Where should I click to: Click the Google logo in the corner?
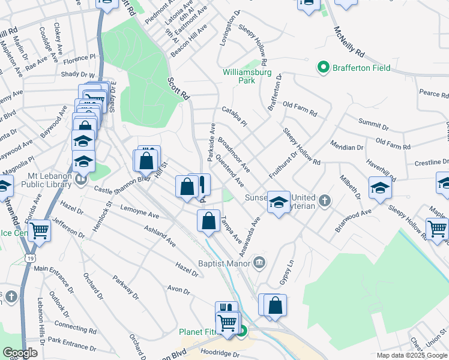tap(20, 353)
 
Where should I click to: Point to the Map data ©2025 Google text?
tap(412, 355)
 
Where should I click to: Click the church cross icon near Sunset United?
tap(325, 200)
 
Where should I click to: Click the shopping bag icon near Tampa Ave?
tap(208, 221)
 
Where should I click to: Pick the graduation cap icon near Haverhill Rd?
tap(380, 188)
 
